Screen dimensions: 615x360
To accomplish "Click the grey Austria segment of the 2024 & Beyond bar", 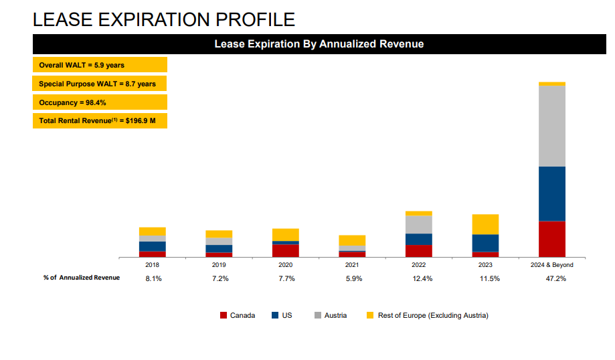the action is tap(552, 126).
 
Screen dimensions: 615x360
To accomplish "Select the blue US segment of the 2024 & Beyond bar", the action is tap(552, 194).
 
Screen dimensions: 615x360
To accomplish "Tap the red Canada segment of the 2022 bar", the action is tap(419, 252).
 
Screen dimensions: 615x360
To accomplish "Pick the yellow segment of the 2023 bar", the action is tap(485, 224).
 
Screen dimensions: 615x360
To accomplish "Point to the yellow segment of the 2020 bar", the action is tap(286, 235).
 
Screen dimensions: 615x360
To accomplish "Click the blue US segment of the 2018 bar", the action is tap(153, 246).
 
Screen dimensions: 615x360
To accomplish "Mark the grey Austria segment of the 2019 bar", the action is tap(219, 242).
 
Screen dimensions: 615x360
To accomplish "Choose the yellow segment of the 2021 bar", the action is tap(352, 240).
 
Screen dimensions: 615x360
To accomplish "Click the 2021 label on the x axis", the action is tap(352, 265).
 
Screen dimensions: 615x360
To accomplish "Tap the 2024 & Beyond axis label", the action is tap(552, 265).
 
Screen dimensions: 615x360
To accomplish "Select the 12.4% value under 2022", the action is tap(422, 279).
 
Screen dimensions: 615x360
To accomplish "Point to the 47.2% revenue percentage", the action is tap(555, 279).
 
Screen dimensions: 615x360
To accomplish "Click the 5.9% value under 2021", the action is tap(354, 279).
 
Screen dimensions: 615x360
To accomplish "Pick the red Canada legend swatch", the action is tap(224, 315).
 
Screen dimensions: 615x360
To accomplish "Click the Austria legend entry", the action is tap(331, 315).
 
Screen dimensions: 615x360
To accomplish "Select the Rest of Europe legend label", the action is tap(433, 315).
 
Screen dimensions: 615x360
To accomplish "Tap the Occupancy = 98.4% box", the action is tap(100, 102).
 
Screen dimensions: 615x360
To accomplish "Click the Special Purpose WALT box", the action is tap(100, 84).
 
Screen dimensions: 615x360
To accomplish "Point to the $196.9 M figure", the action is tap(141, 121).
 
